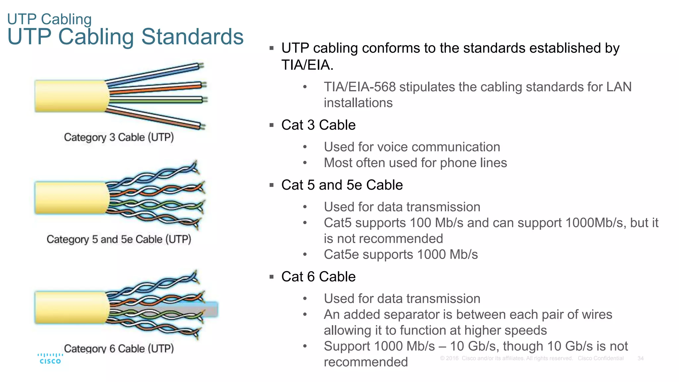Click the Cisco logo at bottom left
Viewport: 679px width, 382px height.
coord(50,358)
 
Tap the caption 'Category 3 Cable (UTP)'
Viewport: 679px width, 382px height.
coord(119,137)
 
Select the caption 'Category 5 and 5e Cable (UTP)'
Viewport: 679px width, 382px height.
coord(119,239)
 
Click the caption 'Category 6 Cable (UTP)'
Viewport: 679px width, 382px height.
coord(119,348)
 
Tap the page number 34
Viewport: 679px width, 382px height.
coord(640,358)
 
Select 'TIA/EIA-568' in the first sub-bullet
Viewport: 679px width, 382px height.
coord(360,87)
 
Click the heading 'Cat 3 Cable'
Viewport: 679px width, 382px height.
coord(318,125)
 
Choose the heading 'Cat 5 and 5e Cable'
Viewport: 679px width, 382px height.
coord(342,185)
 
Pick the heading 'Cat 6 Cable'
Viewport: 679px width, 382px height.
coord(318,277)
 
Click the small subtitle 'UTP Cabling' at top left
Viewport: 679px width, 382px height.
coord(49,19)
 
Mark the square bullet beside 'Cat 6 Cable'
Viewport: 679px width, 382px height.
coord(272,277)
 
